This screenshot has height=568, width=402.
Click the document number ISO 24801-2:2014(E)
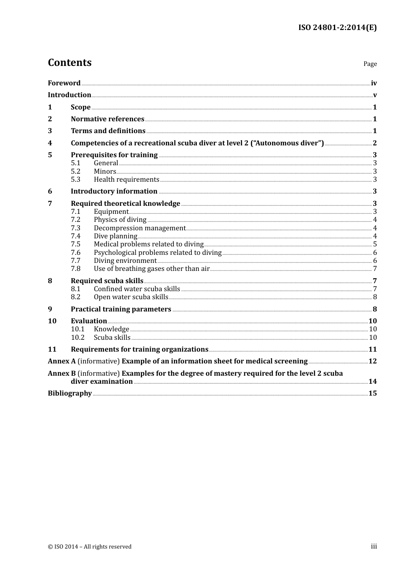coord(337,27)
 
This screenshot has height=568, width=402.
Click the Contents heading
coord(69,63)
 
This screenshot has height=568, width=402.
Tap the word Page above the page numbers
coord(370,64)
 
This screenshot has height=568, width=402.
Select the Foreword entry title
coord(64,83)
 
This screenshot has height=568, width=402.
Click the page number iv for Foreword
coord(374,83)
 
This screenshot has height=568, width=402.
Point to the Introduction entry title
coord(69,95)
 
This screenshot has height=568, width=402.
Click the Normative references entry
coord(107,119)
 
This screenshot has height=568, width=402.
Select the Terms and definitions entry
coord(108,131)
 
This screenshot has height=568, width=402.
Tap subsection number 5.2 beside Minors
coord(75,172)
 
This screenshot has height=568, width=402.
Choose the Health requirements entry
coord(127,180)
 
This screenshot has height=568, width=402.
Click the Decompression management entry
coord(140,228)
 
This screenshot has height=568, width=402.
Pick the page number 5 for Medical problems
coord(375,244)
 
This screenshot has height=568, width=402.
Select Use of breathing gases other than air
coord(151,269)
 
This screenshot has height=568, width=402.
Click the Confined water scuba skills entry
coord(137,289)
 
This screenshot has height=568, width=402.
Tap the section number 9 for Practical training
coord(50,309)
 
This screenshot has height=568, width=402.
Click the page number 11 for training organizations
coord(372,350)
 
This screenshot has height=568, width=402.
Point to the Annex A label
coord(62,361)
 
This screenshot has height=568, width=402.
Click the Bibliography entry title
coord(70,393)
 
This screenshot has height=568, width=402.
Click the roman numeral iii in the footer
coord(374,546)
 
